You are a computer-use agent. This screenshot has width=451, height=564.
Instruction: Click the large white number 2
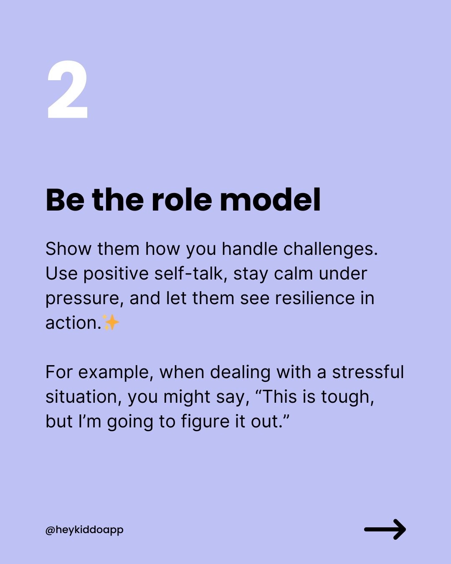pos(67,89)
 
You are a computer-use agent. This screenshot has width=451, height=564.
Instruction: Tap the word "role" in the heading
pos(182,200)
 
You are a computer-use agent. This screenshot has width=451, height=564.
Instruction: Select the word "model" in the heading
pos(270,200)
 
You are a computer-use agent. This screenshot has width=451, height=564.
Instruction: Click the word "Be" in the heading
pos(65,200)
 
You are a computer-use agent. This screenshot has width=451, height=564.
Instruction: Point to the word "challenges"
pos(330,249)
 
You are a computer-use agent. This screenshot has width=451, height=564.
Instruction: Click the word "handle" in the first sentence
pos(249,249)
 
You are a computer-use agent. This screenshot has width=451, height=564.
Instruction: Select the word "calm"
pos(293,274)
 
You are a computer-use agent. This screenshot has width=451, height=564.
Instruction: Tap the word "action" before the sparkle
pos(73,323)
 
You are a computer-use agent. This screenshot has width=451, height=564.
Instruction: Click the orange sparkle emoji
pos(111,322)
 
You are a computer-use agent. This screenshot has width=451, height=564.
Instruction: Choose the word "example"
pos(116,372)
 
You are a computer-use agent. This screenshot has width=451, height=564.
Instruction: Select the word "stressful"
pos(368,372)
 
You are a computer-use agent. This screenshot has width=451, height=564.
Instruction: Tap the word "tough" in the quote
pos(347,397)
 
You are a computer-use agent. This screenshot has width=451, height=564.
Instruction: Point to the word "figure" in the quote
pos(205,422)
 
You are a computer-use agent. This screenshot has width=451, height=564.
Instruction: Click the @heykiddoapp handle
pos(84,530)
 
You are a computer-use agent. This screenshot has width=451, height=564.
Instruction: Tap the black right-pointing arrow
pos(385,529)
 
